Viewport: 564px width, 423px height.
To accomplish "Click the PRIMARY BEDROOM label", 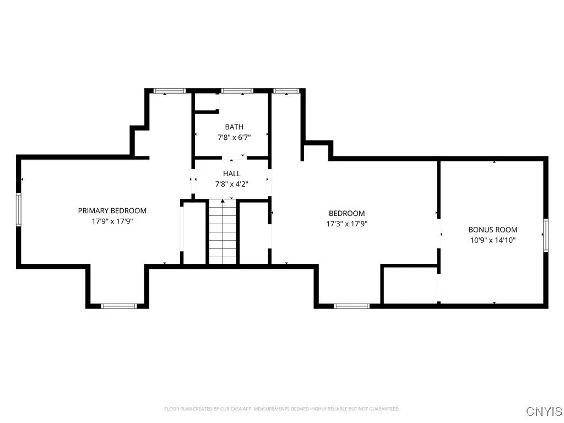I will [x=112, y=210].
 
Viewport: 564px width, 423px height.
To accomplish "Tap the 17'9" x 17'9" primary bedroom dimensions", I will [x=112, y=221].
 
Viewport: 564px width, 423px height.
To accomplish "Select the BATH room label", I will [x=234, y=127].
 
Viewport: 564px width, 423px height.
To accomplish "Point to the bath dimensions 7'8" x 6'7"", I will [x=234, y=138].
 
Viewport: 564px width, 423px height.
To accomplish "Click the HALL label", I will [x=231, y=173].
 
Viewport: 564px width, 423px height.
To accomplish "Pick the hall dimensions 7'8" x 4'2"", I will [x=231, y=184].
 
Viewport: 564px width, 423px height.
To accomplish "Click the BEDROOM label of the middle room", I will [x=346, y=214].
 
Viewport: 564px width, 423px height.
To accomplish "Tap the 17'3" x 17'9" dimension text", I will [x=346, y=224].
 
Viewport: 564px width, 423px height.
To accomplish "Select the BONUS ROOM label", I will [x=492, y=230].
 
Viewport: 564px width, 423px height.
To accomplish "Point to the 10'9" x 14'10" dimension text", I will [x=492, y=240].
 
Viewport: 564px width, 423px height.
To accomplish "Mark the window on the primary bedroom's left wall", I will [x=19, y=209].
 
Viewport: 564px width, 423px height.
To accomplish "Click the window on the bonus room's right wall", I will [x=546, y=235].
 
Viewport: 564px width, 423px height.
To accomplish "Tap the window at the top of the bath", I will [x=237, y=90].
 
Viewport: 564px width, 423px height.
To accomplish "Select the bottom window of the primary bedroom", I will [x=119, y=306].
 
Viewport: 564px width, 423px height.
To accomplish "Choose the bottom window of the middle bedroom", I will [x=351, y=306].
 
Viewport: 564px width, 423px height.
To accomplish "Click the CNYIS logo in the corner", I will [x=544, y=411].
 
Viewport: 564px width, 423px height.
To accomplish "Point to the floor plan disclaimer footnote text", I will [x=281, y=409].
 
